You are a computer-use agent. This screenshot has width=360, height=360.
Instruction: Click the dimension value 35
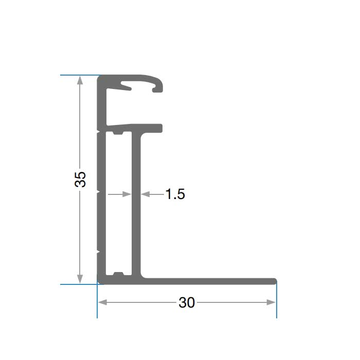(x=80, y=179)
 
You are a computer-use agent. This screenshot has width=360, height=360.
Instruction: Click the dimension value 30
(x=187, y=302)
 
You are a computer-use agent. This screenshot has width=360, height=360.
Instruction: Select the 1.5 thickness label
(x=175, y=194)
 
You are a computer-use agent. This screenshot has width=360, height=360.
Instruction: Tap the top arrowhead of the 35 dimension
(x=80, y=80)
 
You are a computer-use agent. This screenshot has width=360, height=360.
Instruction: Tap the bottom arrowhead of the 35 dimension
(x=80, y=279)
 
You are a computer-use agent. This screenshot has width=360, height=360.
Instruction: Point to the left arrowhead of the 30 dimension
(x=102, y=302)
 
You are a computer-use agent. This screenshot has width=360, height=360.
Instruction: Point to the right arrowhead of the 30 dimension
(x=271, y=302)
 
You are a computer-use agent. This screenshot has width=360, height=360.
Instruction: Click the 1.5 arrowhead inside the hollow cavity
(x=127, y=194)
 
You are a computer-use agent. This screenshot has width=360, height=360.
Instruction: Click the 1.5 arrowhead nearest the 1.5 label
(x=145, y=194)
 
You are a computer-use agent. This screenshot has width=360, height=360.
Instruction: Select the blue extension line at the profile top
(x=80, y=75)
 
